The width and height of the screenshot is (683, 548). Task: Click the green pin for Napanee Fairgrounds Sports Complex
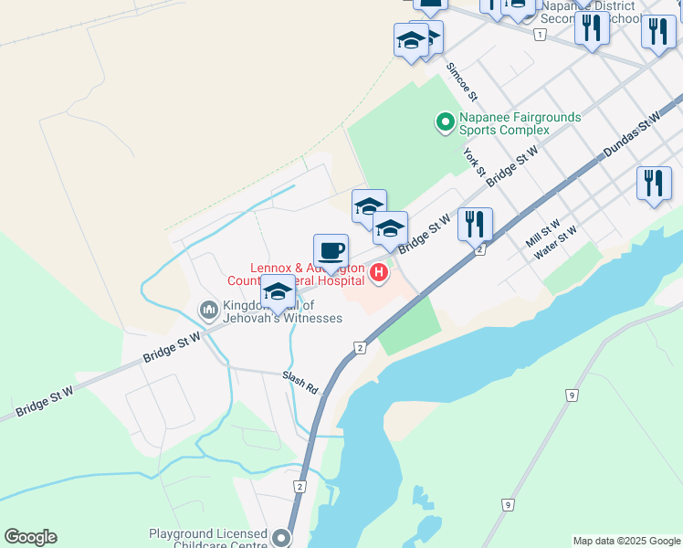click(445, 121)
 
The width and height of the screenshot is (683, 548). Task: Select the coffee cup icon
click(331, 250)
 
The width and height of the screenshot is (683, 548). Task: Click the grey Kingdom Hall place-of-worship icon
click(209, 311)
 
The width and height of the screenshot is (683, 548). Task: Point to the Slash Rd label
click(299, 383)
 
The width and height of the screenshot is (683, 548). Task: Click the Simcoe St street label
click(462, 81)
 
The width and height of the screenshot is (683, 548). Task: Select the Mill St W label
click(543, 234)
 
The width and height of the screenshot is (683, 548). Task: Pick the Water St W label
click(556, 242)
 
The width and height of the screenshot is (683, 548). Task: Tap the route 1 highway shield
click(541, 35)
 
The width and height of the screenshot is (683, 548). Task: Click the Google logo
click(30, 537)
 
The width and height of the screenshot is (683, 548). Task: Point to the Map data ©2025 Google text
click(627, 541)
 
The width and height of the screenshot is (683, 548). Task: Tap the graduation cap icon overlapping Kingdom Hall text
click(278, 292)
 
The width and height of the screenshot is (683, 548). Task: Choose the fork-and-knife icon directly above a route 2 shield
click(475, 224)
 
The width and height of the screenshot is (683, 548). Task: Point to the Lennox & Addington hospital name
click(307, 274)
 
